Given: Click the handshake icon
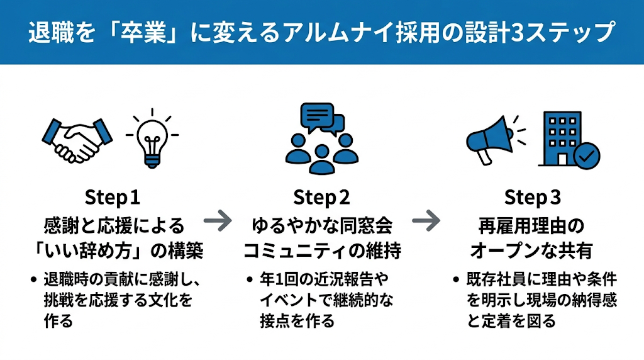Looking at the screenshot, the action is (77, 140).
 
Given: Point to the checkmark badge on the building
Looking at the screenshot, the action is (587, 155).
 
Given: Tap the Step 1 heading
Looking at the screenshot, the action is (112, 197).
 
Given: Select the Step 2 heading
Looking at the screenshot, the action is (321, 197).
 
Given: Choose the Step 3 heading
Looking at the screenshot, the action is (532, 197).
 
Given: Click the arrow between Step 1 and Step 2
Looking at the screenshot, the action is (218, 221).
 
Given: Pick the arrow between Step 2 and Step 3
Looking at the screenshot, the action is (426, 221).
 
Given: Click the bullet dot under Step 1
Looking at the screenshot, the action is (34, 280).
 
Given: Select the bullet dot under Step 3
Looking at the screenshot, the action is (456, 280).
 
